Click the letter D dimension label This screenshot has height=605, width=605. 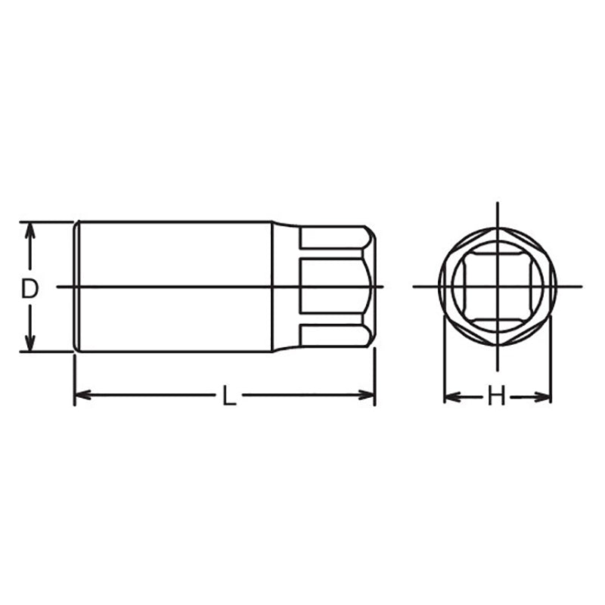tap(29, 287)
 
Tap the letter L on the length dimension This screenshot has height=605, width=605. tap(228, 395)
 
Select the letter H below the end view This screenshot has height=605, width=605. tap(496, 396)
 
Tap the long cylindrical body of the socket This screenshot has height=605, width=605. tap(174, 257)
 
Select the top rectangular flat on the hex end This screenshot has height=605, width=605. tap(333, 239)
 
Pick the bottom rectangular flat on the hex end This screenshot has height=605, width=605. tap(333, 335)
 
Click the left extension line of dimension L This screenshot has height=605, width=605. tap(74, 378)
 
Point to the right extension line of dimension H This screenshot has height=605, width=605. tap(551, 363)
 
